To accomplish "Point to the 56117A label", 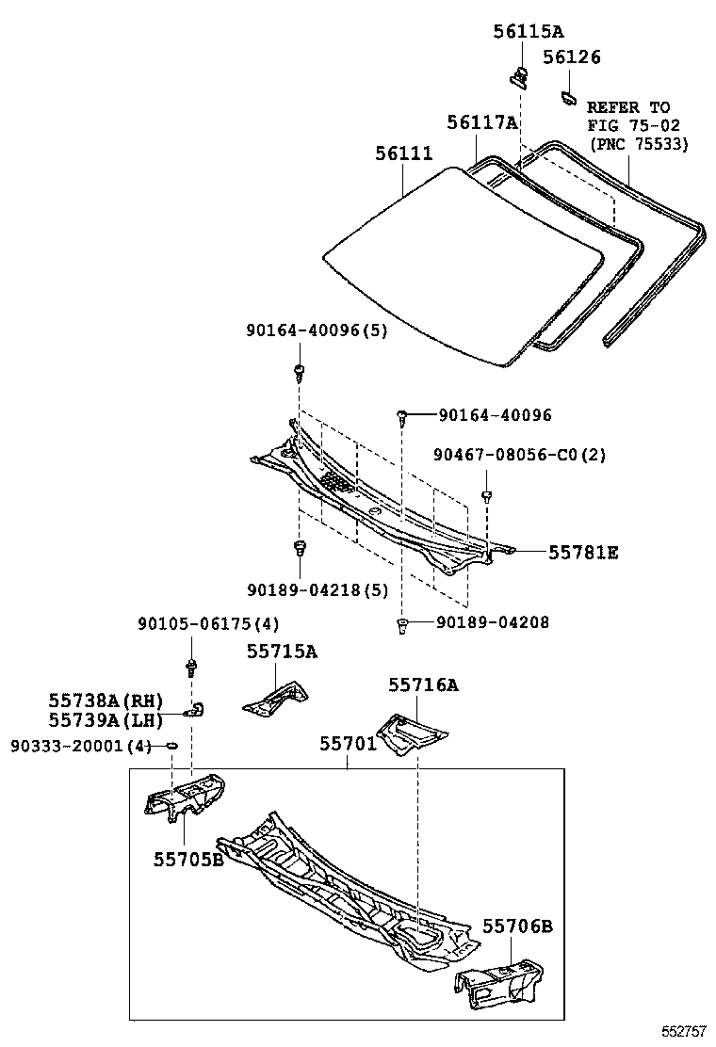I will pyautogui.click(x=482, y=122).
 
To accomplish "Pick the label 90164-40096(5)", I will pyautogui.click(x=317, y=330).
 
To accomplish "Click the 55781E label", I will pyautogui.click(x=583, y=553).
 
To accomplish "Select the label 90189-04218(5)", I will pyautogui.click(x=317, y=589).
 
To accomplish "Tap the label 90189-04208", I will pyautogui.click(x=492, y=622).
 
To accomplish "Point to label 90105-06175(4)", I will pyautogui.click(x=208, y=623).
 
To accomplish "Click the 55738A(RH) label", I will pyautogui.click(x=106, y=701).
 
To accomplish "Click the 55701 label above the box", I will pyautogui.click(x=348, y=744).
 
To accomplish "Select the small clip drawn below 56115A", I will pyautogui.click(x=518, y=76).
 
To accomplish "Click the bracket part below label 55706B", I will pyautogui.click(x=499, y=977).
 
